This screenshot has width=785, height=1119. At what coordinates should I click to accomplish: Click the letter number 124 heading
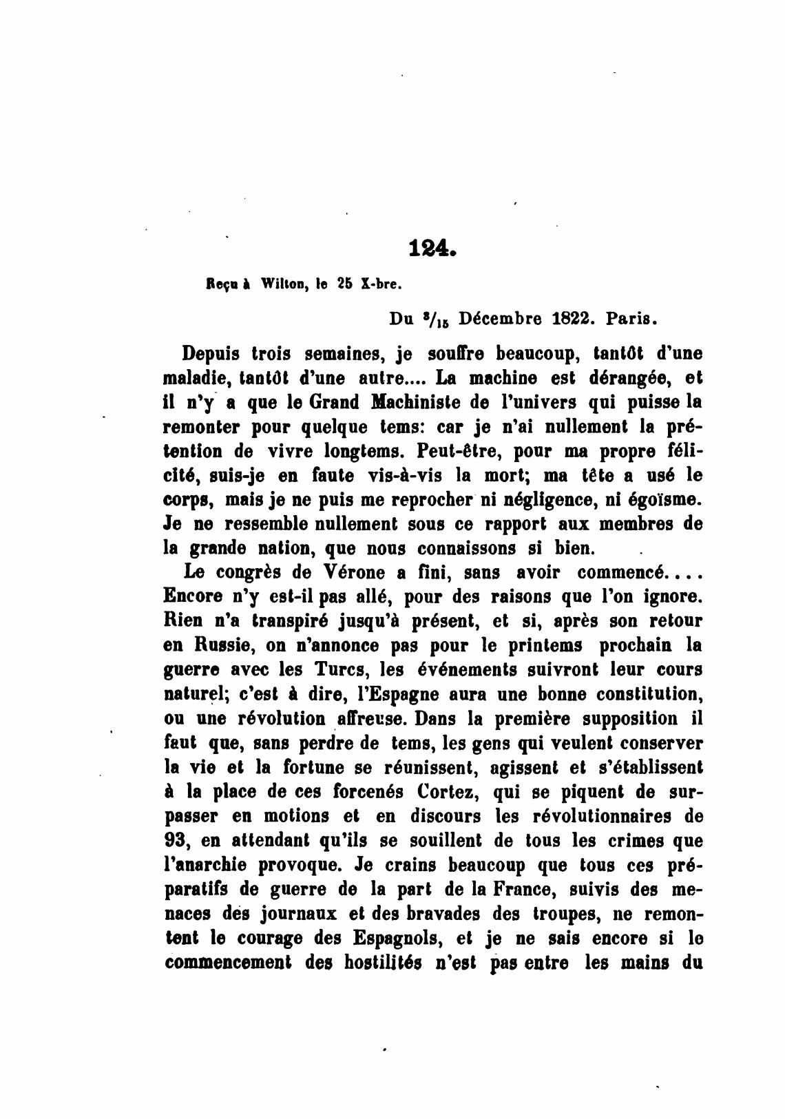point(432,248)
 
